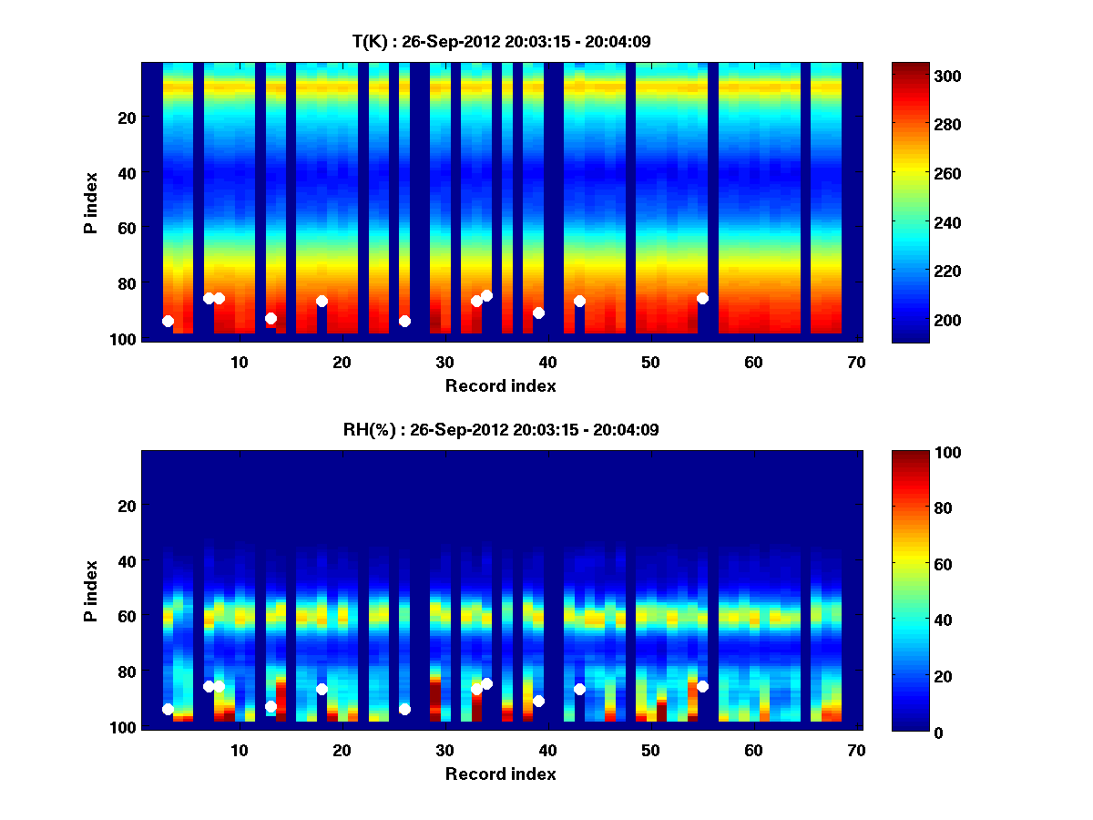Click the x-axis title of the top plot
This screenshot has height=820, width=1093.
[500, 385]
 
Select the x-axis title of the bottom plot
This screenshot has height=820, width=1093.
[500, 774]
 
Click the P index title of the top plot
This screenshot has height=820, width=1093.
[91, 200]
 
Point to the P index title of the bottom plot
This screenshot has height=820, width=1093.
[91, 589]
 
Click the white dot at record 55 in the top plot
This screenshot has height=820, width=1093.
[702, 298]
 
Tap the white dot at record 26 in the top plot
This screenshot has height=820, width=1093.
[404, 321]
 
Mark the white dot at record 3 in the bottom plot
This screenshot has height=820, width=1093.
[168, 709]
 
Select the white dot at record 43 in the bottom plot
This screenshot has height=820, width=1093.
[579, 689]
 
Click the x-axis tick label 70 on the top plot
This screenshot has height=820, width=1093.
[855, 362]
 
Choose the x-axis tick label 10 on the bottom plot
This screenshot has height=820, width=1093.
[239, 750]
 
